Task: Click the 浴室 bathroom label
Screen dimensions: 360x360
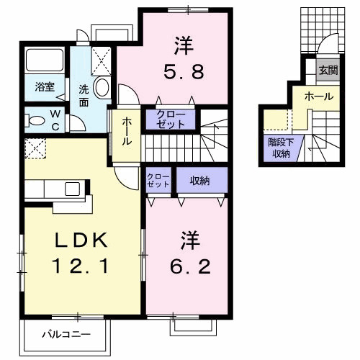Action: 45,87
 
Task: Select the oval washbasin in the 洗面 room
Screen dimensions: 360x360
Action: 102,89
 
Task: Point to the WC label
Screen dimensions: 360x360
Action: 55,119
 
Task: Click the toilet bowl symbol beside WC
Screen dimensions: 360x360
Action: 34,120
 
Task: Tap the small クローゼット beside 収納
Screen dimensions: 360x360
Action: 158,181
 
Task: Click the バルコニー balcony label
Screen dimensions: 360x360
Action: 65,334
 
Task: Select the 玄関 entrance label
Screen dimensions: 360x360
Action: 328,71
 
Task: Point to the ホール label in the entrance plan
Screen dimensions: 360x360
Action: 318,96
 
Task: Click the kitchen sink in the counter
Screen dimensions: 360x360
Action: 73,189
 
